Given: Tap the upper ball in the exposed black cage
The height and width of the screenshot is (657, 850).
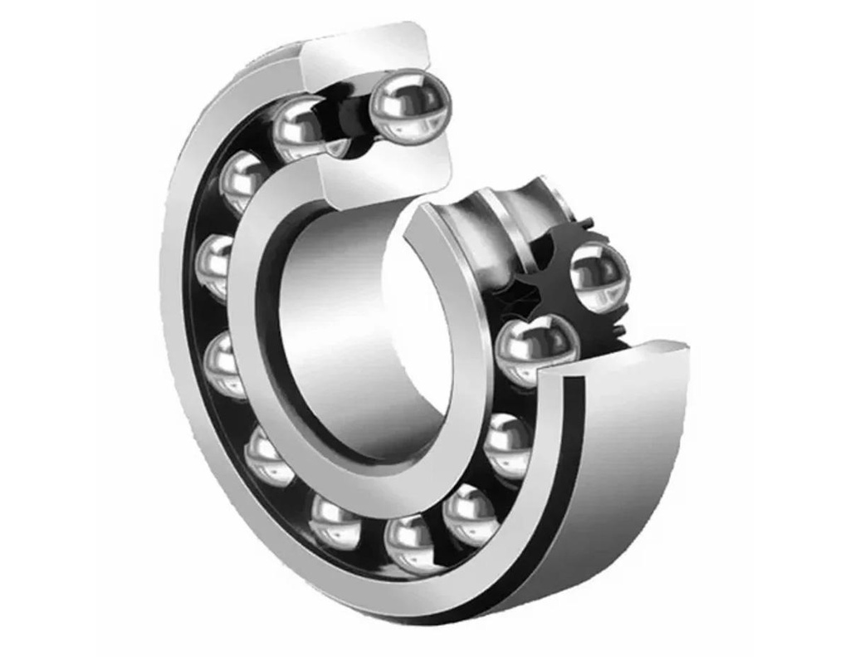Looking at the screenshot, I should [x=599, y=272].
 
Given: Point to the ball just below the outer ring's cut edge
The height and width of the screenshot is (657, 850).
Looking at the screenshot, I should [x=506, y=444].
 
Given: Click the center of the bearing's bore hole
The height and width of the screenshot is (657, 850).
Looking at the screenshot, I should [x=365, y=332].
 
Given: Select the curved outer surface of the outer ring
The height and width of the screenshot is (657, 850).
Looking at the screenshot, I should [x=631, y=465].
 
